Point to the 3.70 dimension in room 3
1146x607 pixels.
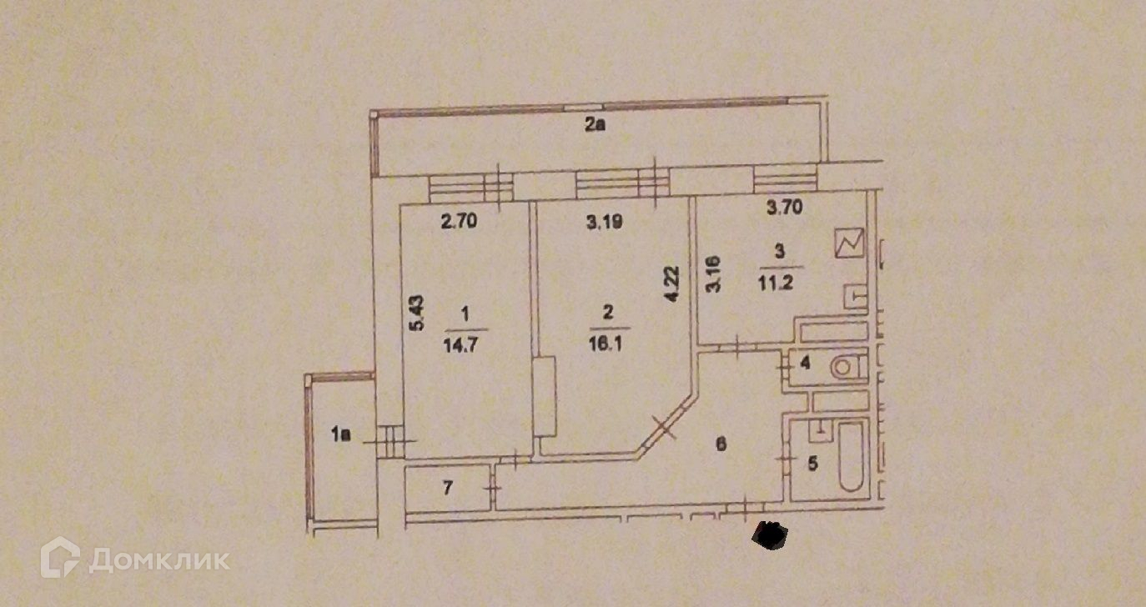click(784, 208)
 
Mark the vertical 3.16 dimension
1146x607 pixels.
click(713, 274)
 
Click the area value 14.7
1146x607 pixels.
click(465, 341)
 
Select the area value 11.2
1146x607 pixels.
click(777, 278)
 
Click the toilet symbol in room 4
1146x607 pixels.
click(849, 367)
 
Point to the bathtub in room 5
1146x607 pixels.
click(851, 456)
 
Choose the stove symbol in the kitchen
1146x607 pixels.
click(850, 243)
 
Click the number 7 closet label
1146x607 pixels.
click(447, 489)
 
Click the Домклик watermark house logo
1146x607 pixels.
click(60, 558)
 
